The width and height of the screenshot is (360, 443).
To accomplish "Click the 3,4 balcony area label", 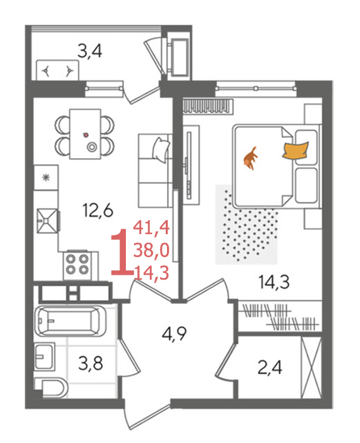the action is (x=90, y=51).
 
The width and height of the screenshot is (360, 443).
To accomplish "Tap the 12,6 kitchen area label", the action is (x=97, y=211).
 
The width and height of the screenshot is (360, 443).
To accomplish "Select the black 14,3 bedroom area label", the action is (x=274, y=282).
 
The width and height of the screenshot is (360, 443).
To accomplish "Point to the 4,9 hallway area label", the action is (x=174, y=334).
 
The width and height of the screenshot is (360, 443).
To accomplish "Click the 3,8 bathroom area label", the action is (x=90, y=363).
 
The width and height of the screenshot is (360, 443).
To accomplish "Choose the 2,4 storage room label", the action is (x=270, y=368).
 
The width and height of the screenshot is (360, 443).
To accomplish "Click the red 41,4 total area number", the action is (x=151, y=228).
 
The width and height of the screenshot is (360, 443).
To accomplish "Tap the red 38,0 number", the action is (x=151, y=251).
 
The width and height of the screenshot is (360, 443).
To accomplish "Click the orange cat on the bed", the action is (x=251, y=159).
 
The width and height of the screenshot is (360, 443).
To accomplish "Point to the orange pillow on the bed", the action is (x=296, y=151).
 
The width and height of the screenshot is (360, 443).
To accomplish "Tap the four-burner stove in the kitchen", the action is (x=77, y=265).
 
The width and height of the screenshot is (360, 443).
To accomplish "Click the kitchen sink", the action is (x=47, y=221).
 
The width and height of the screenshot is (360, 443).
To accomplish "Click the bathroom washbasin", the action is (x=44, y=356).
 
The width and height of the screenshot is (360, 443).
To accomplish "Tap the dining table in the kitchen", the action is (x=85, y=134).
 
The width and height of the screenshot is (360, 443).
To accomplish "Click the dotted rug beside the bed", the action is (x=246, y=224).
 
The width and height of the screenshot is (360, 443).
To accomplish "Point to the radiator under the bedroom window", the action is (x=208, y=106).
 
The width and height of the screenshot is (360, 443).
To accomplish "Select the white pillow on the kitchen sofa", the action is (x=161, y=149).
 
